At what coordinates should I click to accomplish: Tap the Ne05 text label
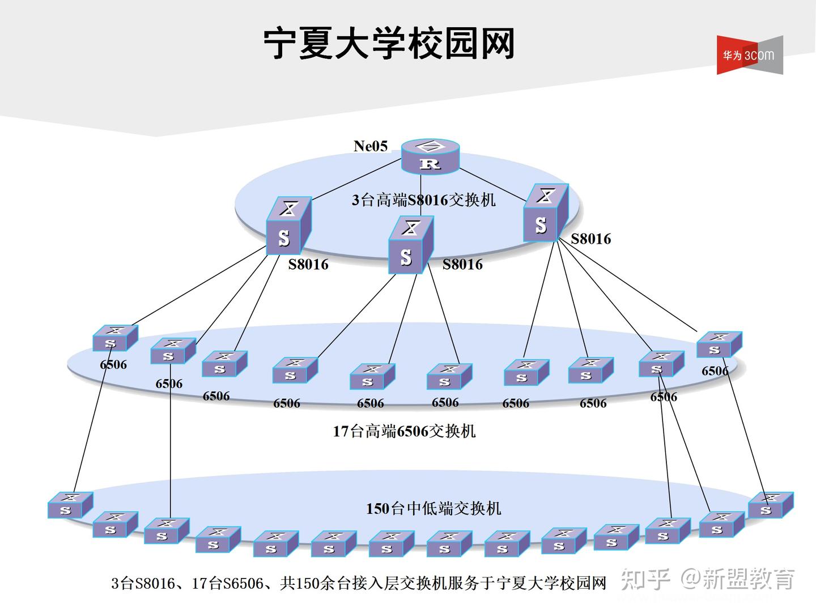tap(371, 146)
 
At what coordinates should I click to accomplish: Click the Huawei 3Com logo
tap(749, 55)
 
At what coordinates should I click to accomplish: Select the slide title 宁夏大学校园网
tap(389, 43)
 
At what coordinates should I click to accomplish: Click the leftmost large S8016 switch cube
tap(288, 226)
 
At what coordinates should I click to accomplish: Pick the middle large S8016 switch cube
tap(410, 245)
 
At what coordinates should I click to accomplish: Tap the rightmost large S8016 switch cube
tap(545, 213)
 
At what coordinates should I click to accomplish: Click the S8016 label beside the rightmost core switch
tap(590, 239)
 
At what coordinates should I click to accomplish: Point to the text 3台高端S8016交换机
tap(423, 200)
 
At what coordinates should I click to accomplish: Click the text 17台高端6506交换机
tap(404, 431)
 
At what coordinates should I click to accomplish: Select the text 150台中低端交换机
tap(433, 508)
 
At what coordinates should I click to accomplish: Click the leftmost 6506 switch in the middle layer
tap(115, 338)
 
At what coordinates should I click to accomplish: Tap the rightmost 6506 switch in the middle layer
tap(719, 345)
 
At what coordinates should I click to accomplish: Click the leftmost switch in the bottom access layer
tap(70, 505)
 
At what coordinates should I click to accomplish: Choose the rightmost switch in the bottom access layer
tap(770, 505)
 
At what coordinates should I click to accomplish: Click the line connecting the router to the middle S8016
tap(420, 195)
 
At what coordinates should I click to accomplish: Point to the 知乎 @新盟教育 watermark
tap(708, 579)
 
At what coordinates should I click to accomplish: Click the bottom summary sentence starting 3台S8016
tap(358, 583)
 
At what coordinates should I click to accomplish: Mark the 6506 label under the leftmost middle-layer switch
tap(113, 364)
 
